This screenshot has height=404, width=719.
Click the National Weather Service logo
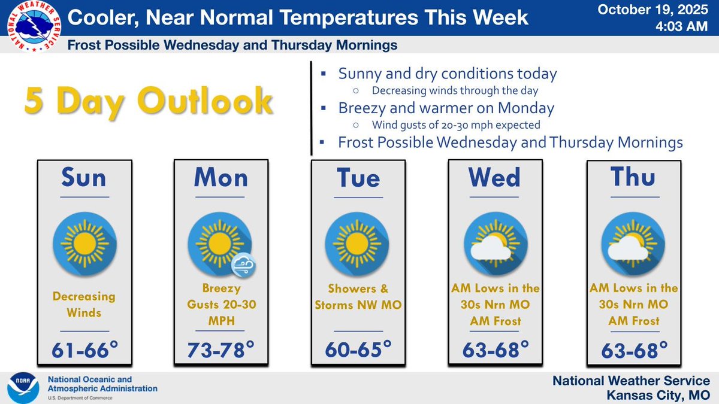[31, 27]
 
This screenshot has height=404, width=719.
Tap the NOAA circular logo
[23, 388]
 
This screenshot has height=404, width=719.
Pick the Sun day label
[84, 178]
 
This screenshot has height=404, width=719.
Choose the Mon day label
[221, 178]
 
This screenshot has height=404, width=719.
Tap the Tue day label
[358, 178]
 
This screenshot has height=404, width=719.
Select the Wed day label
[495, 178]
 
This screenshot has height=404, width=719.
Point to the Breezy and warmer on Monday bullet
[446, 108]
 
